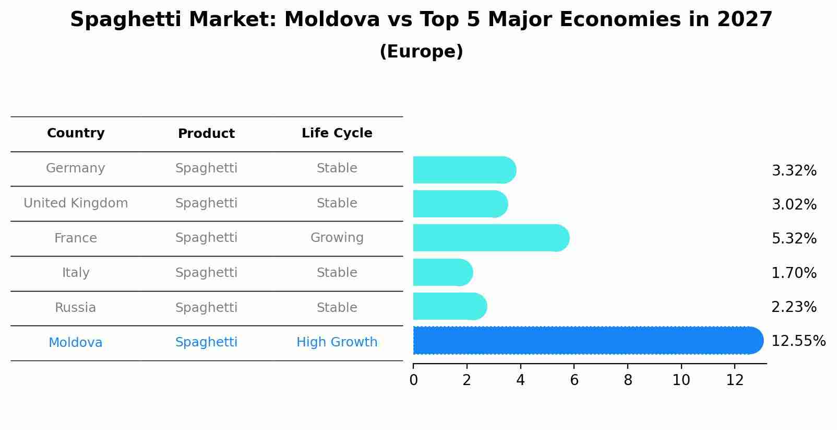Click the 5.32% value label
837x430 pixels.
(794, 239)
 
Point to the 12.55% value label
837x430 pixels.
(798, 341)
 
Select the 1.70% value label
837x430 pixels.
(794, 273)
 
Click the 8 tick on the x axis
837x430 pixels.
(628, 380)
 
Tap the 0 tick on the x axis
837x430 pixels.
(413, 380)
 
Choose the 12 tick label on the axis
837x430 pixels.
(735, 380)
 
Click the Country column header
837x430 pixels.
(76, 133)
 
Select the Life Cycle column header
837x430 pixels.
(337, 133)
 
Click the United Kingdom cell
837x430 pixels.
(76, 203)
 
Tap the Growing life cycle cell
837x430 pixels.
(337, 238)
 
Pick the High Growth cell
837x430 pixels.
(337, 342)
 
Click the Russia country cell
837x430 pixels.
(76, 308)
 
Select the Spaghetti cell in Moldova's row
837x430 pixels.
(206, 342)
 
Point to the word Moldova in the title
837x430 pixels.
(332, 20)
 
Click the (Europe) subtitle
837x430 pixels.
(421, 52)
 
